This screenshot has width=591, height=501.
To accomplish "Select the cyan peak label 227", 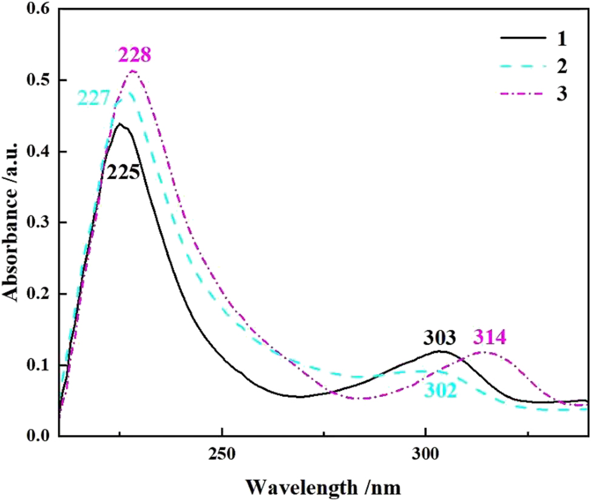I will (x=93, y=98).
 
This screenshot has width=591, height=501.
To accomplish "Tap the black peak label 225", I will (x=124, y=173).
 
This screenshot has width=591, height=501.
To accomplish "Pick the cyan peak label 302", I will (x=441, y=391).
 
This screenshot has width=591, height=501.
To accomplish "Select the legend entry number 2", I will (x=562, y=67).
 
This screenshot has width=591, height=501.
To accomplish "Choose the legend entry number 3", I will (x=562, y=95).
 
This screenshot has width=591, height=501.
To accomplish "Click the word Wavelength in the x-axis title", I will (x=302, y=486).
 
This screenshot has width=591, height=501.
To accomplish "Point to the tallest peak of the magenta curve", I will (x=133, y=71).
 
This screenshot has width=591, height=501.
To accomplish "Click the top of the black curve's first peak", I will (x=120, y=124).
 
